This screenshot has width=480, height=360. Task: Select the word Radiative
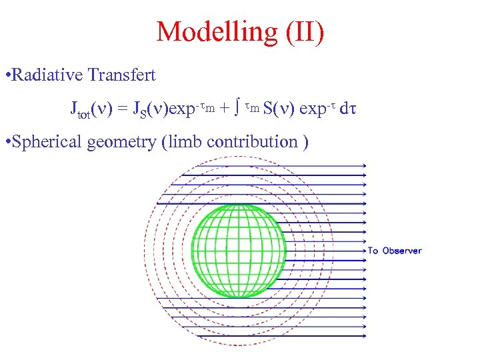(x=49, y=75)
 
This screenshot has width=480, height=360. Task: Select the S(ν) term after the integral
(x=280, y=108)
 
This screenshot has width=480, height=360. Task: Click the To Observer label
(x=395, y=251)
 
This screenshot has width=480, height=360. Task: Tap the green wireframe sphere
(x=238, y=249)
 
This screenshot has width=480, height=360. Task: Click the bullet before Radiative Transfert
(x=7, y=75)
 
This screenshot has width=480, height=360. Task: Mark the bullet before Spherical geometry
(x=7, y=141)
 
